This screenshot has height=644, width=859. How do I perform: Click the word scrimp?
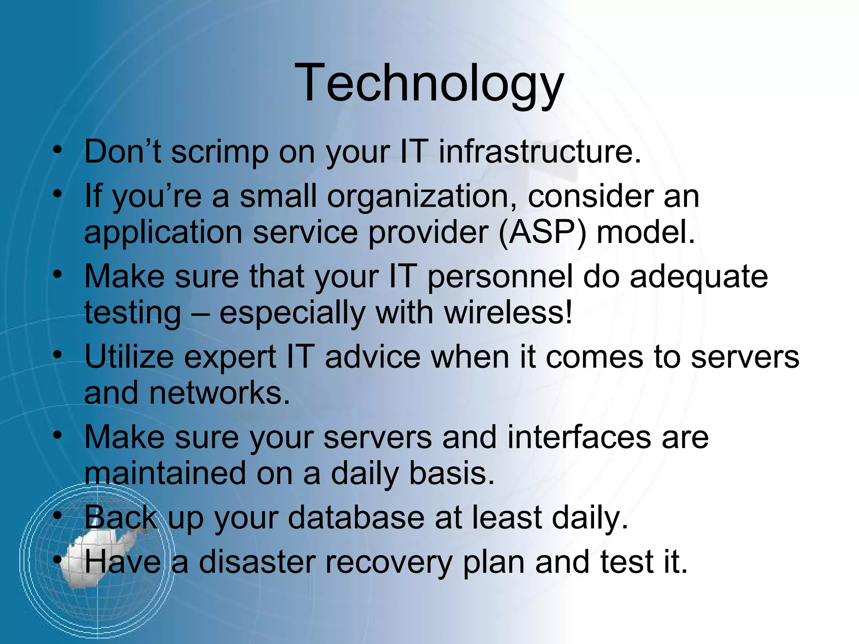[220, 153]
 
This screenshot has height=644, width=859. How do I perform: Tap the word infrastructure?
[540, 152]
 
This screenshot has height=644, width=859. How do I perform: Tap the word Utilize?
[129, 358]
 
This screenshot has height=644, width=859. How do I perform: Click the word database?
[356, 518]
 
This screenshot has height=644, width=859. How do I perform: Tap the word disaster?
[257, 562]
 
